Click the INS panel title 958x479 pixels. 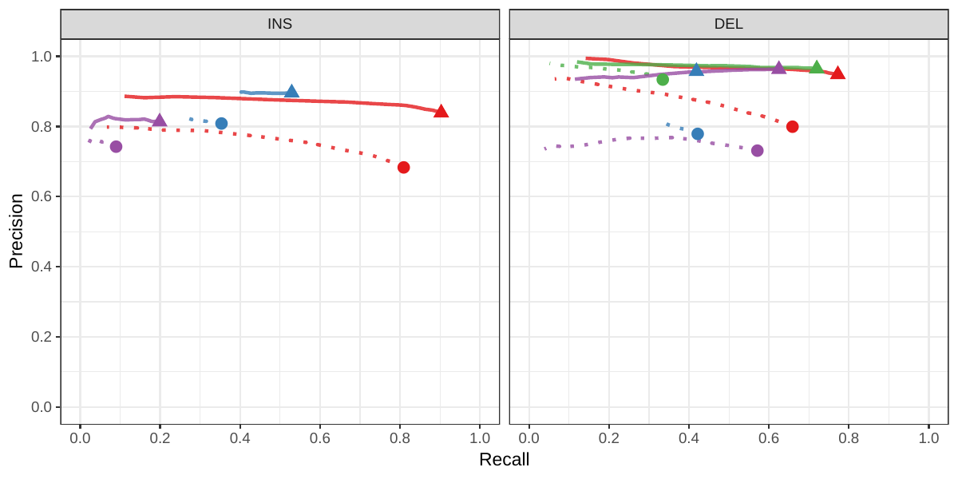pos(279,24)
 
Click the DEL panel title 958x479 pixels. pos(728,24)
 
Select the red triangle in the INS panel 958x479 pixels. pos(441,112)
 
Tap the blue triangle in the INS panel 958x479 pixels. pos(291,92)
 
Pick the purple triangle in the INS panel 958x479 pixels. pos(160,121)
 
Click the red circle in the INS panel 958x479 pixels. pos(403,168)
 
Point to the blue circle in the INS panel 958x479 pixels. pos(221,124)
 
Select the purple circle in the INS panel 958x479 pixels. pos(116,147)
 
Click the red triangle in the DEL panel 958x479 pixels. pos(837,73)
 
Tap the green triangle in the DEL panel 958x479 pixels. pos(816,68)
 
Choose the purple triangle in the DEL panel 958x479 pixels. pos(778,68)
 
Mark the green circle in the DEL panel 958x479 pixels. pos(663,79)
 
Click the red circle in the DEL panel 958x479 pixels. pos(792,127)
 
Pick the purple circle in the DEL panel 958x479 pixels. pos(757,151)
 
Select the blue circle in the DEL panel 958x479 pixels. pos(697,134)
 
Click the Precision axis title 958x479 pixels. pos(16,231)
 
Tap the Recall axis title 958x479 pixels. pos(504,460)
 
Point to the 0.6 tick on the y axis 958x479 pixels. pos(42,196)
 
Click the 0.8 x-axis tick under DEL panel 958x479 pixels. pos(849,438)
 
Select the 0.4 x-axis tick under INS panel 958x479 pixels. pos(239,438)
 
